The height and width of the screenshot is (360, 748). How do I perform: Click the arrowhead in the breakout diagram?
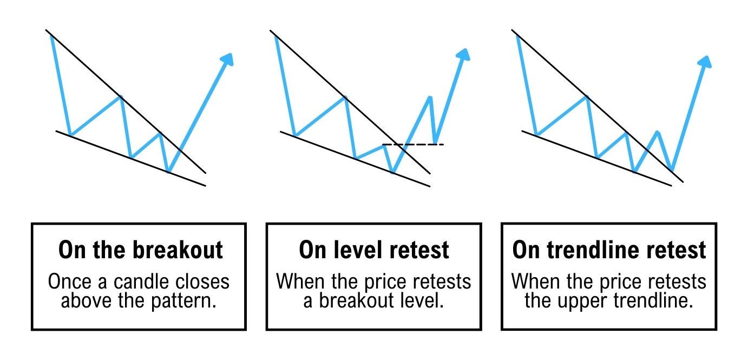pyautogui.click(x=227, y=60)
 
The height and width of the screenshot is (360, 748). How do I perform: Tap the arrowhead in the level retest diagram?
pyautogui.click(x=464, y=55)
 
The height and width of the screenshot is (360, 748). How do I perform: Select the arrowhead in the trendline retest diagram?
pyautogui.click(x=705, y=62)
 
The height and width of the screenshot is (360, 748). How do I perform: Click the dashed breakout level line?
pyautogui.click(x=413, y=144)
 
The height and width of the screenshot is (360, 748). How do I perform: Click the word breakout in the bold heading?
pyautogui.click(x=178, y=250)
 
